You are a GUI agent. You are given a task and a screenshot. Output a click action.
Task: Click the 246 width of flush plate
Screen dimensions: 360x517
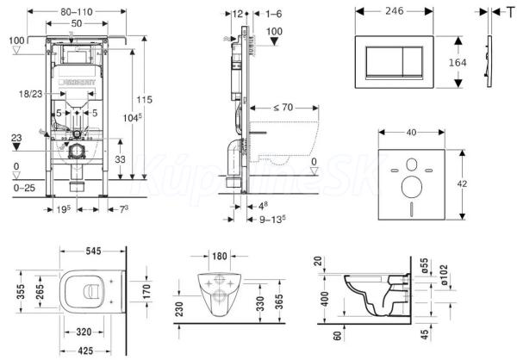[x=396, y=12]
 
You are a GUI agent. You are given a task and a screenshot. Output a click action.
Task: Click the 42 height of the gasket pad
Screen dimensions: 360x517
[x=462, y=183]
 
